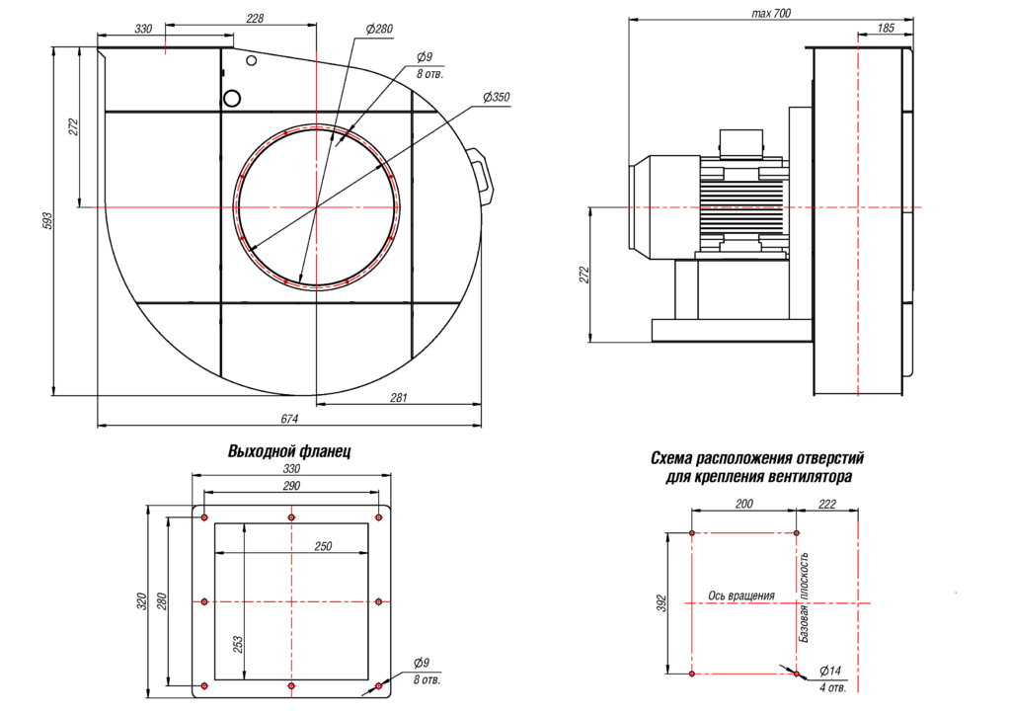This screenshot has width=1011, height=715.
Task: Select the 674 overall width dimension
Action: [x=289, y=419]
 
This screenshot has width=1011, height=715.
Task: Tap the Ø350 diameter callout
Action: [x=497, y=97]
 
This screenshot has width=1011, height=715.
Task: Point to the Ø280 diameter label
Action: [x=379, y=30]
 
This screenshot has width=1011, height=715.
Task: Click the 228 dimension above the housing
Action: [x=255, y=19]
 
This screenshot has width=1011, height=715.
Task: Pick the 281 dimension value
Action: [x=399, y=396]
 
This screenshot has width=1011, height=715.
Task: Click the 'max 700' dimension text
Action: [x=771, y=13]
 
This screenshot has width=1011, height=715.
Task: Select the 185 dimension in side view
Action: [x=886, y=30]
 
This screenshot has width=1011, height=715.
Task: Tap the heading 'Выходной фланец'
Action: [x=289, y=451]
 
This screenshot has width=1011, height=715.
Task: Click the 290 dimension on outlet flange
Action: [x=291, y=486]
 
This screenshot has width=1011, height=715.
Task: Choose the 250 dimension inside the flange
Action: [x=323, y=545]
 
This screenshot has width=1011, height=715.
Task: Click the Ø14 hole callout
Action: [x=830, y=672]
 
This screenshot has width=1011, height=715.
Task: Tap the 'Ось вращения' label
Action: [x=741, y=596]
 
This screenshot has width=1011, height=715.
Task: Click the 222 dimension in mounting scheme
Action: [x=827, y=504]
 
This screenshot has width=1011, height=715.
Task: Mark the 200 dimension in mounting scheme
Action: [x=744, y=504]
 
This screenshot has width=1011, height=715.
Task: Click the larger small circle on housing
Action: [x=233, y=98]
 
